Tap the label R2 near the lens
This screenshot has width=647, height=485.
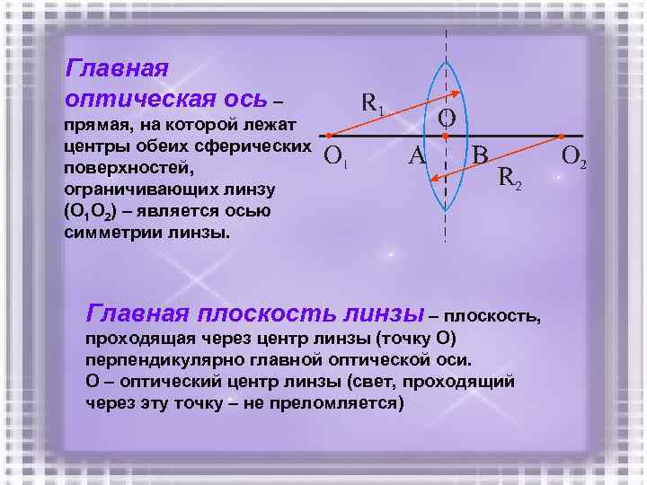coord(510,180)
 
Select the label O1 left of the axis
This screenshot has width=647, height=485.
coord(336,158)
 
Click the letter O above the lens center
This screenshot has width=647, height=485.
coord(447,118)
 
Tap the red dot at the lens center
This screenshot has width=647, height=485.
coord(446,137)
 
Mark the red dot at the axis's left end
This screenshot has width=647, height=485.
coord(329,137)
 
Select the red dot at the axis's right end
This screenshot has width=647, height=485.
coord(561,137)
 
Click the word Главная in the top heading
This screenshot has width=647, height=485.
coord(118,69)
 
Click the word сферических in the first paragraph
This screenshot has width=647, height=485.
coord(265,146)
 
